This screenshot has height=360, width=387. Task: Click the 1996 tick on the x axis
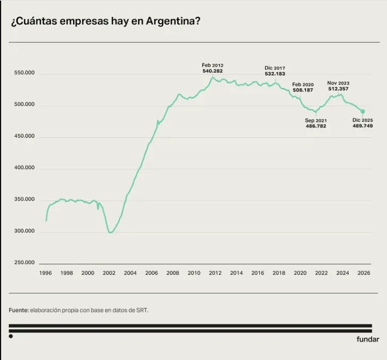(x=45, y=273)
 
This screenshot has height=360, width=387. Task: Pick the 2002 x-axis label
(x=109, y=273)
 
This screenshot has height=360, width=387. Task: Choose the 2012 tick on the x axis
(x=215, y=273)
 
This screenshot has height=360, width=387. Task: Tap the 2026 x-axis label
(x=364, y=273)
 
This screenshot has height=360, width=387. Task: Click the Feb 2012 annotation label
(x=212, y=65)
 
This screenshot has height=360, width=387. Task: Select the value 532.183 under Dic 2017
(x=275, y=74)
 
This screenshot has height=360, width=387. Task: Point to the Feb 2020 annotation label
(x=303, y=84)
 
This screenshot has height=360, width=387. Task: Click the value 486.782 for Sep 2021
(x=316, y=126)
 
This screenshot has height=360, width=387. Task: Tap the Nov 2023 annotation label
(x=338, y=83)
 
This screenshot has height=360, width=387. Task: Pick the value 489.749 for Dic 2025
(x=363, y=126)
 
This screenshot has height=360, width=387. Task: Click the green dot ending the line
(x=363, y=111)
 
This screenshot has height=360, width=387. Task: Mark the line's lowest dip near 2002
(x=110, y=232)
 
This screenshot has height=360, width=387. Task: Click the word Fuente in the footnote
(x=19, y=310)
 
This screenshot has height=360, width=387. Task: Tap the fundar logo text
(x=368, y=339)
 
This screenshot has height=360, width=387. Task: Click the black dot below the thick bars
(x=11, y=336)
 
